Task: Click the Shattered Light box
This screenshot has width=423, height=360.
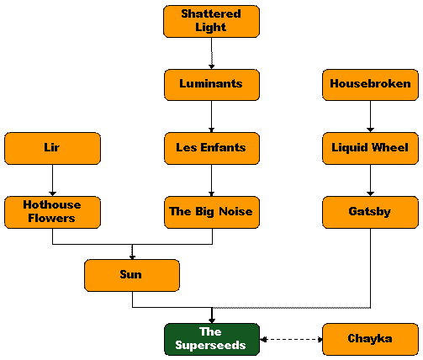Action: pos(211,21)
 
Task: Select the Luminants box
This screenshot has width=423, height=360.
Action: pos(212,85)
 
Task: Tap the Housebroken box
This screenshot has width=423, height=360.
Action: pos(370,85)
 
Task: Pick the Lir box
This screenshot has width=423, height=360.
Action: pos(52,148)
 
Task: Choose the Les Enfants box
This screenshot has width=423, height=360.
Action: pos(212,148)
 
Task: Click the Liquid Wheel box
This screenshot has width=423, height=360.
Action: pos(370,148)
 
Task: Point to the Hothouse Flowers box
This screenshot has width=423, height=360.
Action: pos(52,212)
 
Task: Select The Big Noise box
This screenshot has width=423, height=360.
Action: pos(212,212)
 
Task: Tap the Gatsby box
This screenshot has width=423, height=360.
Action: pos(370,212)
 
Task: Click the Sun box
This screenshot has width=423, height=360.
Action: pos(132,275)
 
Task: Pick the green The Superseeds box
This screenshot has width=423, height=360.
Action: pos(212,339)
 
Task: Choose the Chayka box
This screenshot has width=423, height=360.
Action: pos(370,339)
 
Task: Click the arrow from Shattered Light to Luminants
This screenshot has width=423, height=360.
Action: pos(212,53)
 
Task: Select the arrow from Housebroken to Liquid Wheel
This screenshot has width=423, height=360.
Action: pos(370,117)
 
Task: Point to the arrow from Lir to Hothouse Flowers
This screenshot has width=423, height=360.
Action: pos(52,180)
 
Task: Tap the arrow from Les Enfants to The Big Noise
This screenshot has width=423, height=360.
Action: pos(212,180)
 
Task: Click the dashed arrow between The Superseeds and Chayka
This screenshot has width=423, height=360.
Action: pos(291,340)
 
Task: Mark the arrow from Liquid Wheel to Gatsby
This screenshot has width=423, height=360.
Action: pos(370,180)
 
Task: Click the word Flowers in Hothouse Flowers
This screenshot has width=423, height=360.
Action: pos(51,218)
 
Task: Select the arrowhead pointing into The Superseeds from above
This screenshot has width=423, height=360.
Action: pos(212,320)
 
